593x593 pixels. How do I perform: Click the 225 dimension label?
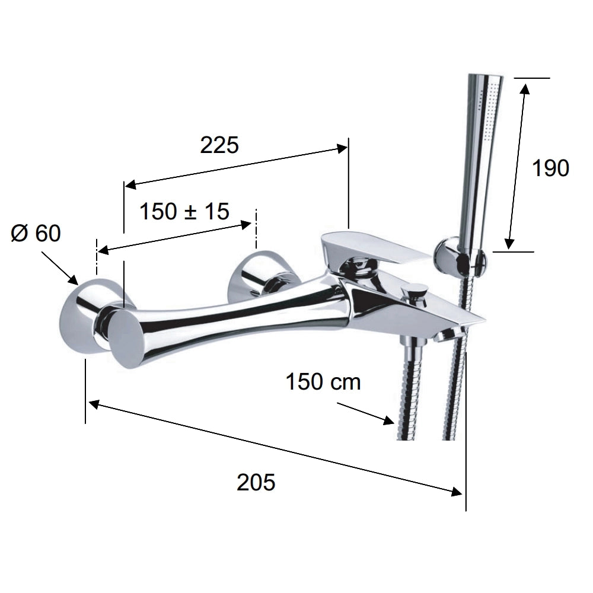click(x=219, y=145)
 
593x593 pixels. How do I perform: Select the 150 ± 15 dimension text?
click(x=184, y=211)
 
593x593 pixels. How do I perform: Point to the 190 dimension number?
click(x=550, y=168)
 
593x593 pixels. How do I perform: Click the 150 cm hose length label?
click(x=323, y=381)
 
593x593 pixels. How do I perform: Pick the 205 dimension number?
click(x=256, y=482)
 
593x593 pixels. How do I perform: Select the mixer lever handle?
click(x=374, y=250)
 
